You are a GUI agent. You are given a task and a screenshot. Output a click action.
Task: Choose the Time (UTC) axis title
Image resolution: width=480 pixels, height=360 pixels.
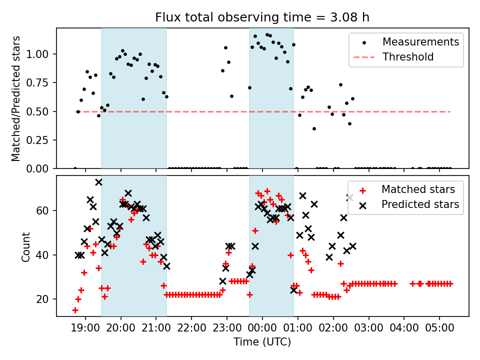(x=262, y=342)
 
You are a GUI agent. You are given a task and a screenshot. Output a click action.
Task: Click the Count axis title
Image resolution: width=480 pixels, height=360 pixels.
(x=26, y=246)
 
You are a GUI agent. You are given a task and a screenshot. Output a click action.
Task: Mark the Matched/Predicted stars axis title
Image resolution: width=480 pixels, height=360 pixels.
(x=16, y=98)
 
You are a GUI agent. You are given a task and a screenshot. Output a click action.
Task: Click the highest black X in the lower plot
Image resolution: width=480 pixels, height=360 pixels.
(x=99, y=182)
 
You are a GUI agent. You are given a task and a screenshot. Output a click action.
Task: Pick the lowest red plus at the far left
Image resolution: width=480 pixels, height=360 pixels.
(x=75, y=310)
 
